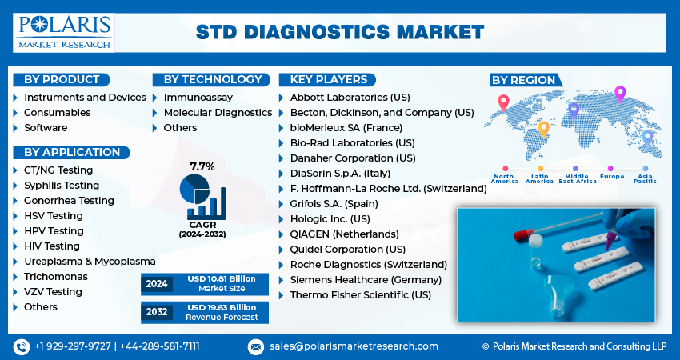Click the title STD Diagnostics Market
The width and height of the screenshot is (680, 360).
[340, 32]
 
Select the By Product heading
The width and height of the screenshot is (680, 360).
[62, 79]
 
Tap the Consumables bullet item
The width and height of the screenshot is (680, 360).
[57, 113]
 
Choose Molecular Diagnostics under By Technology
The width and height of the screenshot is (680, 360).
[218, 113]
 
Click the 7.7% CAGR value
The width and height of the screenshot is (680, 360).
[202, 166]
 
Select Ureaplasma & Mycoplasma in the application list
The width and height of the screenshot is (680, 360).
[90, 262]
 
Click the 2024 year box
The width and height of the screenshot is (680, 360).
[157, 283]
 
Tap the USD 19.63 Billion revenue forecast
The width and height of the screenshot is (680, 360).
[222, 307]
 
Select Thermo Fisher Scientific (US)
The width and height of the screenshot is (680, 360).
[361, 295]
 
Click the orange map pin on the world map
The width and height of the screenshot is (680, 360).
[543, 127]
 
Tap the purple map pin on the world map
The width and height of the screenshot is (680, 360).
[619, 93]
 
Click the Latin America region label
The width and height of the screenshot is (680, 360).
[540, 178]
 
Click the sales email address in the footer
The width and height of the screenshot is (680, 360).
[353, 346]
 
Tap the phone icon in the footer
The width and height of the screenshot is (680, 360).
[22, 346]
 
